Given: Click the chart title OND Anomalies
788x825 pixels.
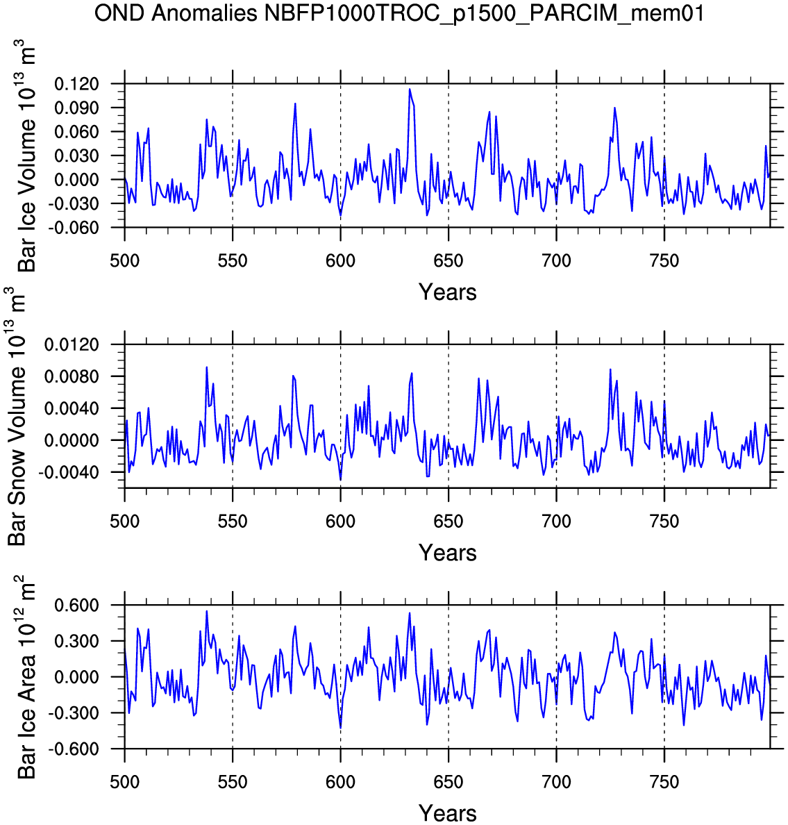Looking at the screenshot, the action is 176,13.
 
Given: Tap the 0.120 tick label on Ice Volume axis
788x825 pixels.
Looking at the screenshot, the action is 76,83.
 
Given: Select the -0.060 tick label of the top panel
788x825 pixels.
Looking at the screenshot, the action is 73,228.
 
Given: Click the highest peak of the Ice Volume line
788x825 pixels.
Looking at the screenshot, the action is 410,90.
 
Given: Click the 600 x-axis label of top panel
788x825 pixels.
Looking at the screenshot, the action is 340,260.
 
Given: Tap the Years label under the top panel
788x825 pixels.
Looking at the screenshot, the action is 448,292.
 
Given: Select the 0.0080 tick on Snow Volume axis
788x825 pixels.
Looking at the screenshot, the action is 72,376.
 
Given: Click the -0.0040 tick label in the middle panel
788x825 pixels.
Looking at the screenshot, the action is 68,472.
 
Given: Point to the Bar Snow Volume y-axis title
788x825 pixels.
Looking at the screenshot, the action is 16,416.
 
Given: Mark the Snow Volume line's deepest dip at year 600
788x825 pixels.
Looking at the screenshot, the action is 341,480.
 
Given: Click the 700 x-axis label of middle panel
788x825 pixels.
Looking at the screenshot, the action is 557,522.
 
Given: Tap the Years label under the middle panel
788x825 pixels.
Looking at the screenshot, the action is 448,553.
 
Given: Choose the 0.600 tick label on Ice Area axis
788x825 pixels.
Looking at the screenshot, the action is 76,605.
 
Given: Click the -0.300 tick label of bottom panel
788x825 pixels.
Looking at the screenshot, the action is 73,713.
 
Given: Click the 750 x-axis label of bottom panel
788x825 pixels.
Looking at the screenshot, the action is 664,782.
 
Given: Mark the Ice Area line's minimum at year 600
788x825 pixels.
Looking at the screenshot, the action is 341,728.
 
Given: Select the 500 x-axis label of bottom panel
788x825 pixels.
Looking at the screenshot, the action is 125,782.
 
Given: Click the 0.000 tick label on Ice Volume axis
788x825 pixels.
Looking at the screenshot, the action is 76,180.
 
